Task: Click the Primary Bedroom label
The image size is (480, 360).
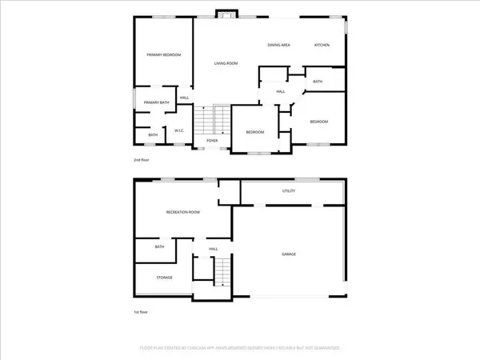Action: (x=163, y=54)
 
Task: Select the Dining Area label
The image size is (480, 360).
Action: (x=278, y=45)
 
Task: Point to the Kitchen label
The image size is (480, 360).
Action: (x=322, y=45)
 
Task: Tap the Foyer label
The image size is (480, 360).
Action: (x=212, y=141)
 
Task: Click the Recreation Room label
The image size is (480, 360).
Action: (x=182, y=212)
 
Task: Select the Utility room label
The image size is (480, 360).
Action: (x=289, y=192)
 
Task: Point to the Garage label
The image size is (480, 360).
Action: (x=289, y=254)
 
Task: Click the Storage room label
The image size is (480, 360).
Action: (x=165, y=278)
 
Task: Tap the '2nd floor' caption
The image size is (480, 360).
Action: (x=142, y=160)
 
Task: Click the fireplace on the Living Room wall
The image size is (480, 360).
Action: (x=225, y=14)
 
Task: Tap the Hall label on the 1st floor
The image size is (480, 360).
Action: (x=214, y=249)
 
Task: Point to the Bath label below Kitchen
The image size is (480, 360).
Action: (x=318, y=82)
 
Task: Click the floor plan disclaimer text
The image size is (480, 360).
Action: (x=240, y=349)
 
